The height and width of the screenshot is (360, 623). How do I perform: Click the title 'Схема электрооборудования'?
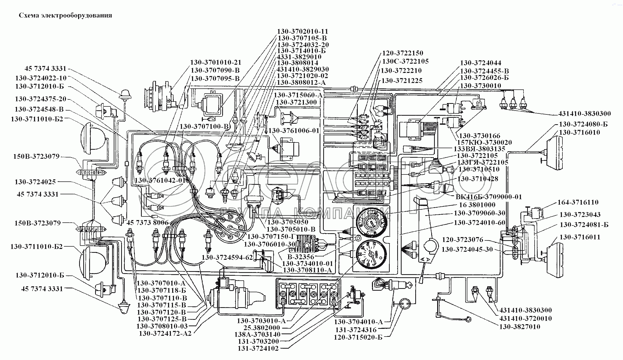pos(65,15)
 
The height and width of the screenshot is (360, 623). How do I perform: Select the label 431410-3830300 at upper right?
pos(584,114)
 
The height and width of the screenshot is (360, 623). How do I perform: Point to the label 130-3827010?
pos(520,327)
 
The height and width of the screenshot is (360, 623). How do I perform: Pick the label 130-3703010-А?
pos(261,321)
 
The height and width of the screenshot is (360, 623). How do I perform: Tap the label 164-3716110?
pos(578,202)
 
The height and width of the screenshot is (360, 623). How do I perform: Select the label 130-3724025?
pos(35,182)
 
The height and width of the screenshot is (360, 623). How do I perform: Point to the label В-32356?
pos(301,257)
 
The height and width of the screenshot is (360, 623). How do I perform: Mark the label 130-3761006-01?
pos(294,131)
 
